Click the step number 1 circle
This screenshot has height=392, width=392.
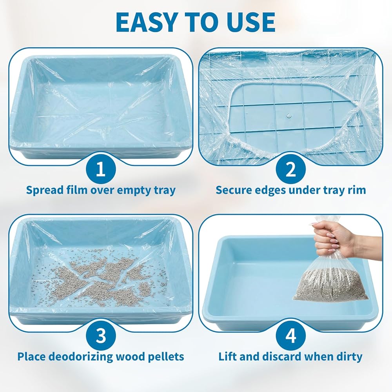click(x=101, y=169)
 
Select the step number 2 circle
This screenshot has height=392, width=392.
click(x=291, y=169)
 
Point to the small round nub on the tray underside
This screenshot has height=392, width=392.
click(x=289, y=116)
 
